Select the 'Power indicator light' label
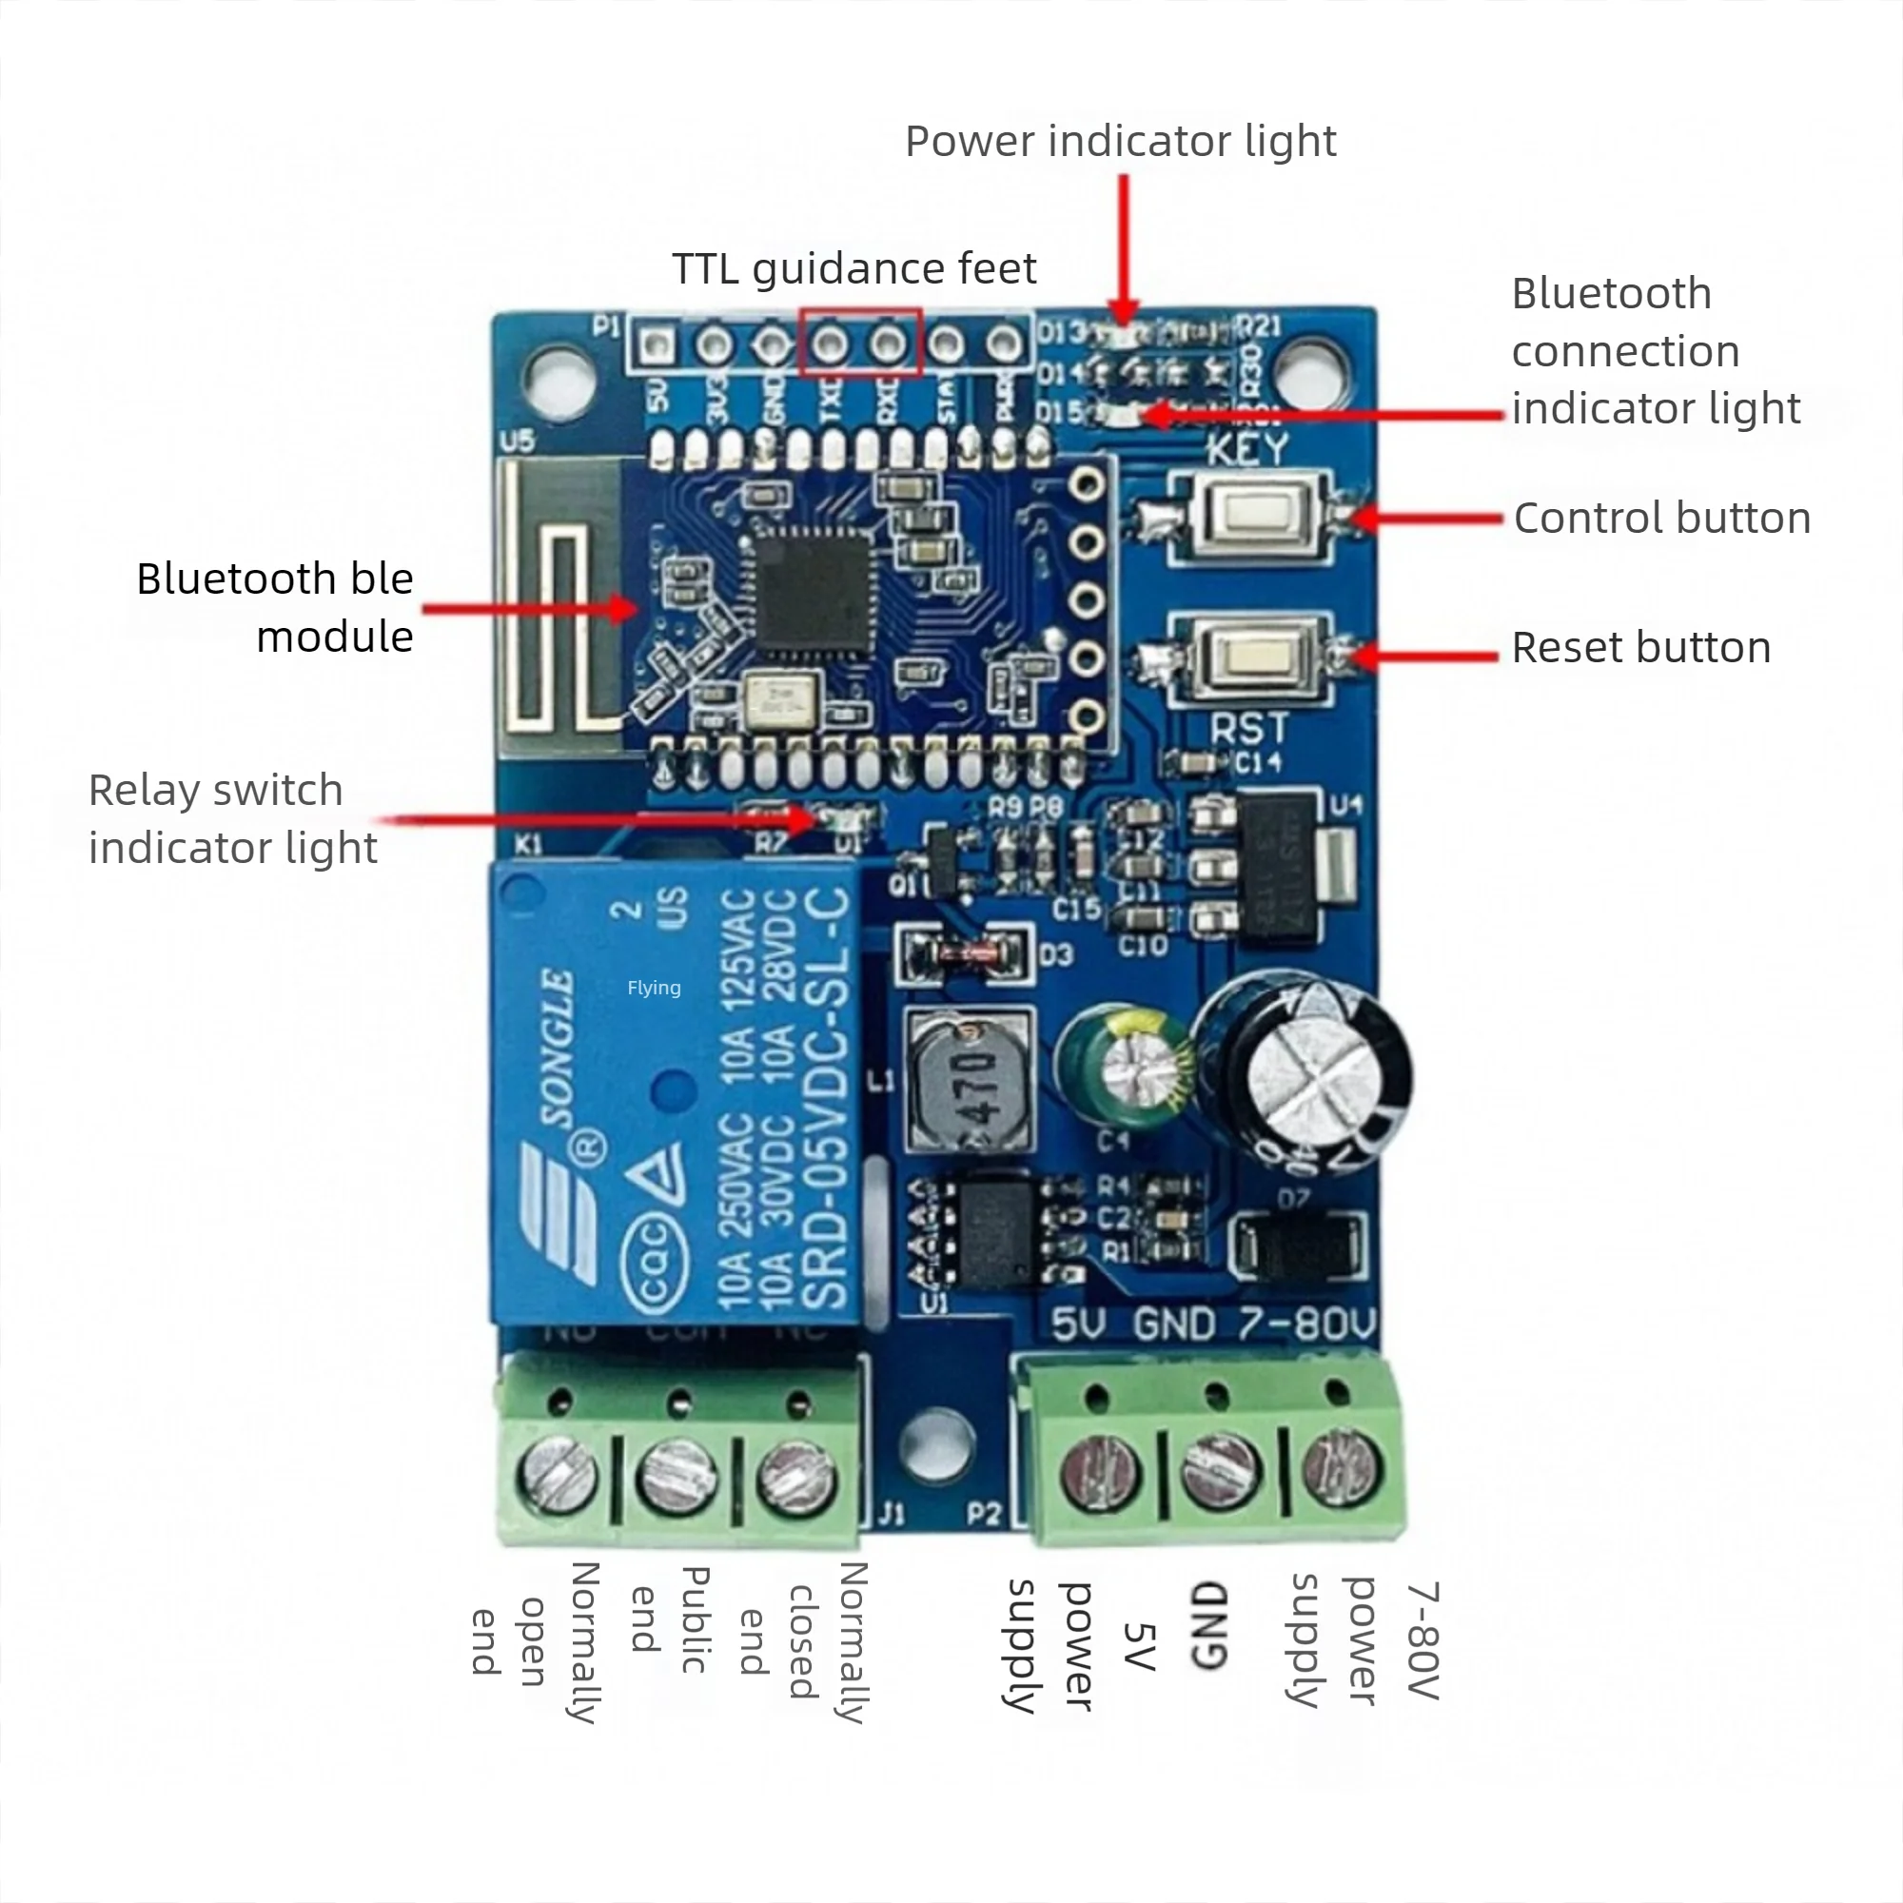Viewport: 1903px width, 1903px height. coord(1120,141)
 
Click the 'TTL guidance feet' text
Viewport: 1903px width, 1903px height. coord(854,268)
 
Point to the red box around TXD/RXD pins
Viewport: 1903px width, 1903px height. coord(860,342)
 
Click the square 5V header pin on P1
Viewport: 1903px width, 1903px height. coord(657,344)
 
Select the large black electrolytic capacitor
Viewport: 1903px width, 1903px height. coord(1300,1073)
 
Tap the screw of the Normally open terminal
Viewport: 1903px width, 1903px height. coord(557,1475)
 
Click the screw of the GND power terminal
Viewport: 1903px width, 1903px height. coord(1219,1471)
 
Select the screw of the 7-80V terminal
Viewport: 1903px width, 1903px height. coord(1340,1467)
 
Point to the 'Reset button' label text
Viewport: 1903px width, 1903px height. coord(1641,648)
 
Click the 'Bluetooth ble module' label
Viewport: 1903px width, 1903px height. coord(275,607)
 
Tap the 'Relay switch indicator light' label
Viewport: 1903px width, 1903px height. coord(232,818)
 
